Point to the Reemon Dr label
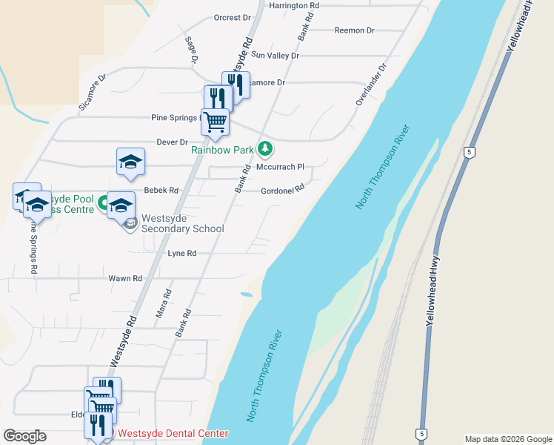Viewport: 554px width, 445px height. pyautogui.click(x=355, y=30)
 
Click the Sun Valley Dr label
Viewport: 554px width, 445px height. pyautogui.click(x=276, y=56)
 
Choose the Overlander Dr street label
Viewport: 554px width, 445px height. pyautogui.click(x=372, y=84)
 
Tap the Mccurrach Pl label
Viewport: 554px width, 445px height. pyautogui.click(x=281, y=168)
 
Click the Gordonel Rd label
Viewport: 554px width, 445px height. pyautogui.click(x=283, y=191)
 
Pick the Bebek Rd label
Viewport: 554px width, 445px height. pyautogui.click(x=161, y=191)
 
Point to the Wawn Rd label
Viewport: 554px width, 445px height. pyautogui.click(x=125, y=278)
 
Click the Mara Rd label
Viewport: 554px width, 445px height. pyautogui.click(x=164, y=305)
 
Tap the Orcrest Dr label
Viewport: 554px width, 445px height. pyautogui.click(x=227, y=18)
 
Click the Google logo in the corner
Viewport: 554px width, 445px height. pyautogui.click(x=24, y=436)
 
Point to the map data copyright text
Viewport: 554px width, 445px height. pyautogui.click(x=508, y=439)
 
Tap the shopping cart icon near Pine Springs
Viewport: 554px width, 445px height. pyautogui.click(x=215, y=122)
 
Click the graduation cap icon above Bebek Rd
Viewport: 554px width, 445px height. pyautogui.click(x=130, y=162)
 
